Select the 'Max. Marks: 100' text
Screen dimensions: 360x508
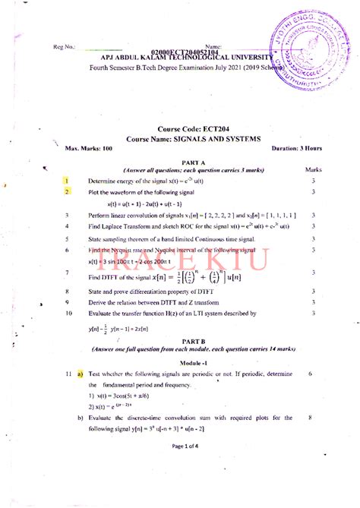click(x=88, y=150)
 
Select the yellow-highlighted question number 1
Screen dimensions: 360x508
click(x=68, y=181)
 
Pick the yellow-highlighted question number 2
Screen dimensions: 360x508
click(x=68, y=193)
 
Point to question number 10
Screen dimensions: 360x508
click(x=69, y=312)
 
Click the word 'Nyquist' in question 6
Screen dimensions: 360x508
click(x=126, y=249)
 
